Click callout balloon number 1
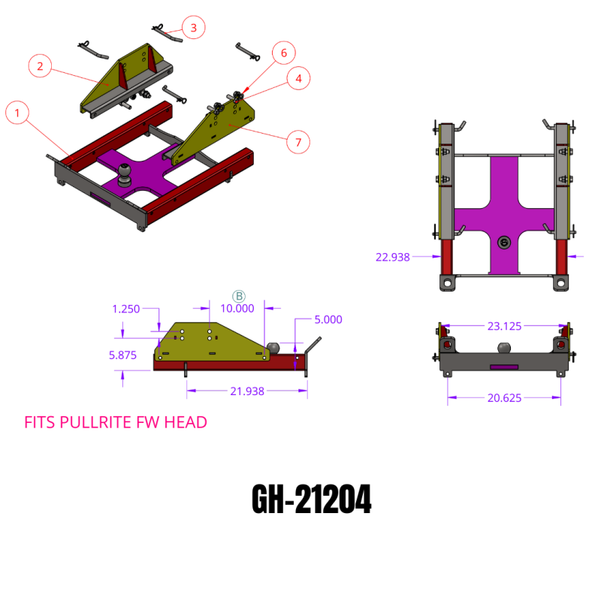pos(18,114)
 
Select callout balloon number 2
pos(40,66)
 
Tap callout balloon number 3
pos(194,29)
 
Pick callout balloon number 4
pos(298,78)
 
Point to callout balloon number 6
pos(284,53)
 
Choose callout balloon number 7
pos(298,140)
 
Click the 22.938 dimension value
pos(392,257)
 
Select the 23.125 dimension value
pos(504,327)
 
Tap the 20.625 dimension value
pos(504,398)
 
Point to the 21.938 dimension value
pos(246,391)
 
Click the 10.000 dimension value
pos(237,308)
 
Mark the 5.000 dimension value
pos(328,319)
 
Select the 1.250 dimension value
pos(126,309)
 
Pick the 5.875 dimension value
pos(122,355)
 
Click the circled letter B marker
pos(239,296)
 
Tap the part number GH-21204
pos(310,500)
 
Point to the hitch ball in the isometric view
pos(125,173)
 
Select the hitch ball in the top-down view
pos(504,242)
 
